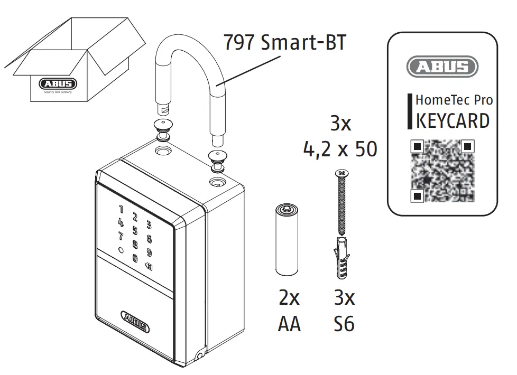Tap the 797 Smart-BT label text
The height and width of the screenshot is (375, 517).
pos(285,42)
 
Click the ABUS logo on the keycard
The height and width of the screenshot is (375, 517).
pos(442,68)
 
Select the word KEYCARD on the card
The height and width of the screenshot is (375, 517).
pos(453,120)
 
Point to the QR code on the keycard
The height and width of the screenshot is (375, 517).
pos(443,171)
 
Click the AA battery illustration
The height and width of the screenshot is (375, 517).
pos(287,241)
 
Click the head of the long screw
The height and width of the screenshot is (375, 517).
pos(340,172)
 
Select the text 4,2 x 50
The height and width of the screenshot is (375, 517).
pos(340,150)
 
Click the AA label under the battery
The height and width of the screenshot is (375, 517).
pos(289,324)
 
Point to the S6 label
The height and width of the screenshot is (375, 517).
pos(344,324)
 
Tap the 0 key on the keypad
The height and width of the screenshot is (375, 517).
pos(135,258)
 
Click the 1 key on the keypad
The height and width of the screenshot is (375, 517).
pos(121,210)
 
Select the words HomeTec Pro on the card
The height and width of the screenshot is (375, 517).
pos(454,100)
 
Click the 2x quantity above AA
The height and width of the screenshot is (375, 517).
pos(289,298)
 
